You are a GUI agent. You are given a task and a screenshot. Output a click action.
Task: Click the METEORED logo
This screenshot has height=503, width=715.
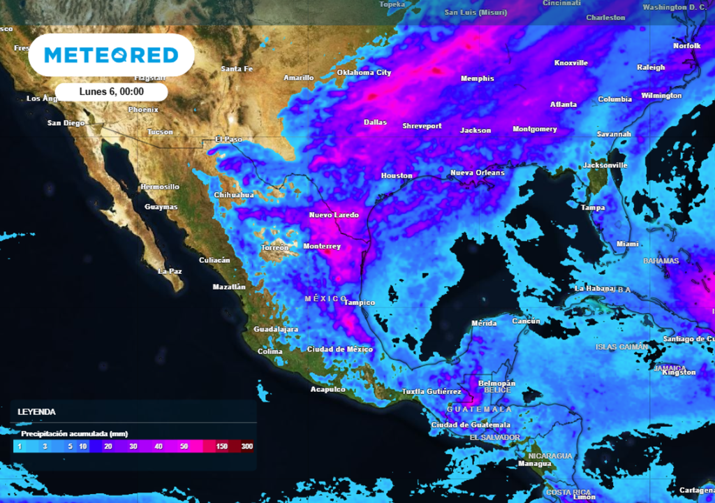click(111, 55)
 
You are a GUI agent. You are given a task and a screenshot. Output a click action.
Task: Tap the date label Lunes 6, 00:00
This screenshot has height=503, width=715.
click(112, 92)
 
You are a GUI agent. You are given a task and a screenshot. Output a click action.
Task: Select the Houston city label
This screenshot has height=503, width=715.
click(397, 175)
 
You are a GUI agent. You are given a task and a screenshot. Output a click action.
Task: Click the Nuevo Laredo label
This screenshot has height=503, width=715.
click(334, 215)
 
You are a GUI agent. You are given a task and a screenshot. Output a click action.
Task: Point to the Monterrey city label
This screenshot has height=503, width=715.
click(322, 247)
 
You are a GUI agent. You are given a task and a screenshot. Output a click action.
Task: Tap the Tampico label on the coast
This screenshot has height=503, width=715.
click(360, 302)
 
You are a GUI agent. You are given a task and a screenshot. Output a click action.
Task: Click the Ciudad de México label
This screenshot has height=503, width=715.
click(340, 349)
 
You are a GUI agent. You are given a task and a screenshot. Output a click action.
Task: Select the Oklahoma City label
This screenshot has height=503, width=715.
click(364, 73)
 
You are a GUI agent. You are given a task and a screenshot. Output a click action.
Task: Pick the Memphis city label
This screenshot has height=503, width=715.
click(477, 78)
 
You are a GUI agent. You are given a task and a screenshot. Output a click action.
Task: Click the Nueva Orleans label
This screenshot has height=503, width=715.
click(477, 173)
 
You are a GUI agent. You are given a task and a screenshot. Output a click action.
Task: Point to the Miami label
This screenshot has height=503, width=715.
click(627, 244)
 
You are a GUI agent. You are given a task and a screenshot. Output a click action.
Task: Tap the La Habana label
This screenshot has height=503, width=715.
click(595, 289)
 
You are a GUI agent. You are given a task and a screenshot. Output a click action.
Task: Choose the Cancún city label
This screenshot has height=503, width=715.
click(526, 321)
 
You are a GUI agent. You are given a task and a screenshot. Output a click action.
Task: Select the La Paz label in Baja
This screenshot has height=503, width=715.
click(170, 271)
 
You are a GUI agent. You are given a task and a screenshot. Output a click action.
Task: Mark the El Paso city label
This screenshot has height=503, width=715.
click(228, 140)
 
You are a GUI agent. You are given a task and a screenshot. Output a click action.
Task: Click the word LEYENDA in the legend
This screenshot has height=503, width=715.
click(36, 412)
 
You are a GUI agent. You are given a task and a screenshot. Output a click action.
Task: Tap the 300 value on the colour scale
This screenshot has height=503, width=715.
click(246, 446)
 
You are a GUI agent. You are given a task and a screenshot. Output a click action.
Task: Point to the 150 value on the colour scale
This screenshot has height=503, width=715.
click(222, 446)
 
